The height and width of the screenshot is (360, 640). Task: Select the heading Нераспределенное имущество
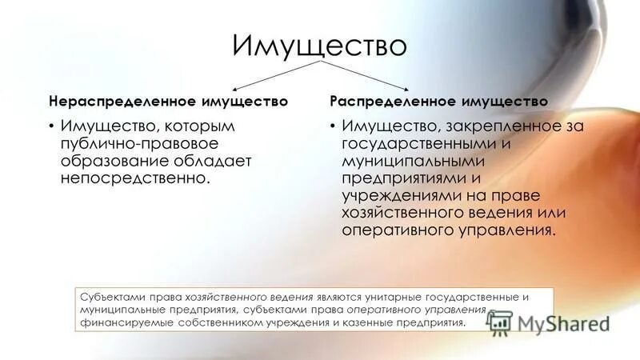pos(168,102)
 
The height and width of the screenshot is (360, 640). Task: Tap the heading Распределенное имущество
pos(439,102)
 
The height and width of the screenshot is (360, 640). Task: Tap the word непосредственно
pos(132,178)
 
